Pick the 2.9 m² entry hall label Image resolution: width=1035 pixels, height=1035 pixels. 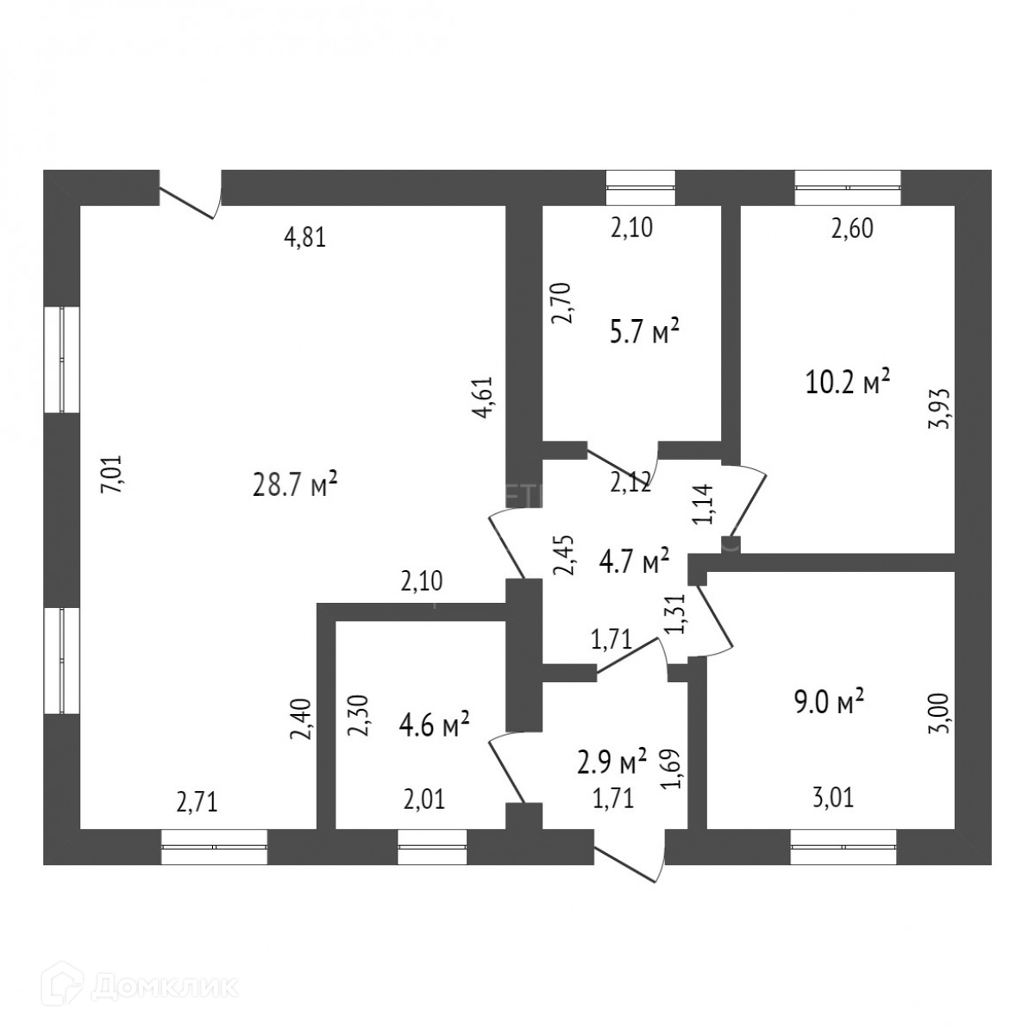[x=612, y=762]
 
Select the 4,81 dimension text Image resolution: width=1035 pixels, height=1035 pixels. [x=304, y=239]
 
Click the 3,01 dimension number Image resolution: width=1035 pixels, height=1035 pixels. [x=833, y=799]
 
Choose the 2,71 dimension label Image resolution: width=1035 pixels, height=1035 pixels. [x=197, y=803]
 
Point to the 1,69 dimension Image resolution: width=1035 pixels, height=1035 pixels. [x=675, y=770]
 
